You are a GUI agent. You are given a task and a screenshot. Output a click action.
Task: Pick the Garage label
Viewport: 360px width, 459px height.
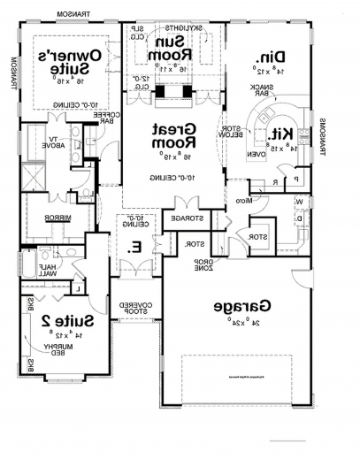pyautogui.click(x=234, y=307)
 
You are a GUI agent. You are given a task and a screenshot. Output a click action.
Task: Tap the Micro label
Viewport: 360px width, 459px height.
pyautogui.click(x=241, y=203)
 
